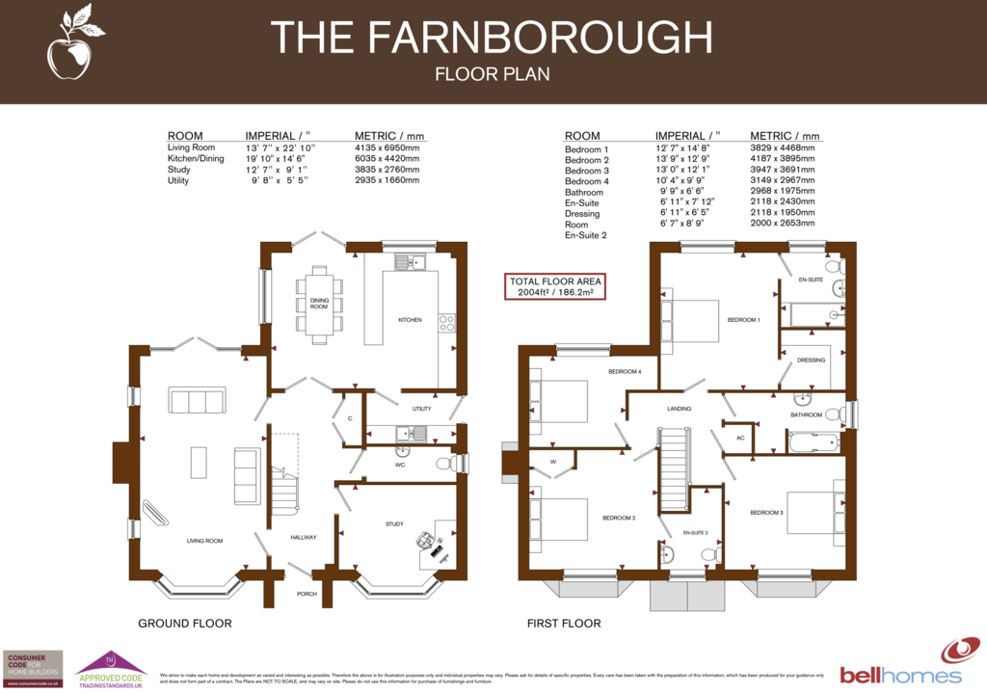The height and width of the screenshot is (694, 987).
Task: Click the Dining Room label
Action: (x=319, y=305)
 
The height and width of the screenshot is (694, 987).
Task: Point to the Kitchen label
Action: (x=410, y=320)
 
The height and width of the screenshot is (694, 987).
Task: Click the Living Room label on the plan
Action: (x=205, y=541)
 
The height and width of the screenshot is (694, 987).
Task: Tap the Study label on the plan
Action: (x=394, y=524)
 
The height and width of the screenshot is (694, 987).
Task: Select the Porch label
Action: (x=307, y=594)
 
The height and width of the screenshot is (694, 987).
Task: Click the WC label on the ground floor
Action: (x=400, y=464)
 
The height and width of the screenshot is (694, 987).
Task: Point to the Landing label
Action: (x=680, y=409)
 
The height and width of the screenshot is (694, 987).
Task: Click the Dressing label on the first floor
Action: (x=812, y=360)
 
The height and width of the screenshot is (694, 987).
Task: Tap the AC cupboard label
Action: (x=740, y=438)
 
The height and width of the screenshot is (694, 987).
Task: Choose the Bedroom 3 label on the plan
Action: (x=766, y=513)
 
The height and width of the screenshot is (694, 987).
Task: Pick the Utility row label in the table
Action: (x=178, y=180)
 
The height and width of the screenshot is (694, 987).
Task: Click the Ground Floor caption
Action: (x=184, y=624)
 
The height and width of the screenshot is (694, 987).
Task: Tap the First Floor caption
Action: (x=564, y=624)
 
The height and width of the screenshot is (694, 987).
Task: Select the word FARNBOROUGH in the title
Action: (x=539, y=38)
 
